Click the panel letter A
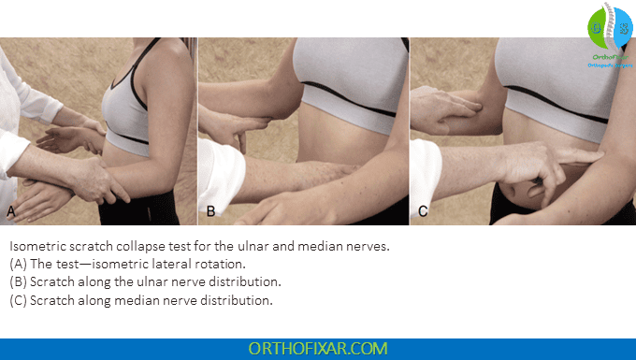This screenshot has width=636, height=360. [12, 211]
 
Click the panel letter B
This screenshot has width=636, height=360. [210, 211]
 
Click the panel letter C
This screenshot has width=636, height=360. [424, 211]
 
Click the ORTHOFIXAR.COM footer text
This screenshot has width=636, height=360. [318, 348]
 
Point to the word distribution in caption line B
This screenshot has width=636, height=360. [246, 281]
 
